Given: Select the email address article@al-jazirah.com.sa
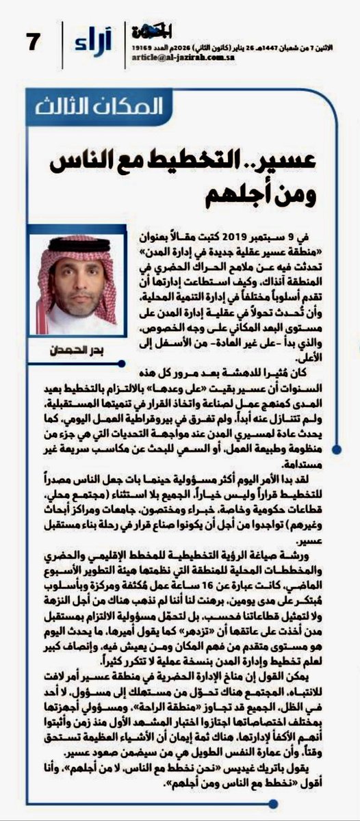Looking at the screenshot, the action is pos(174,59).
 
